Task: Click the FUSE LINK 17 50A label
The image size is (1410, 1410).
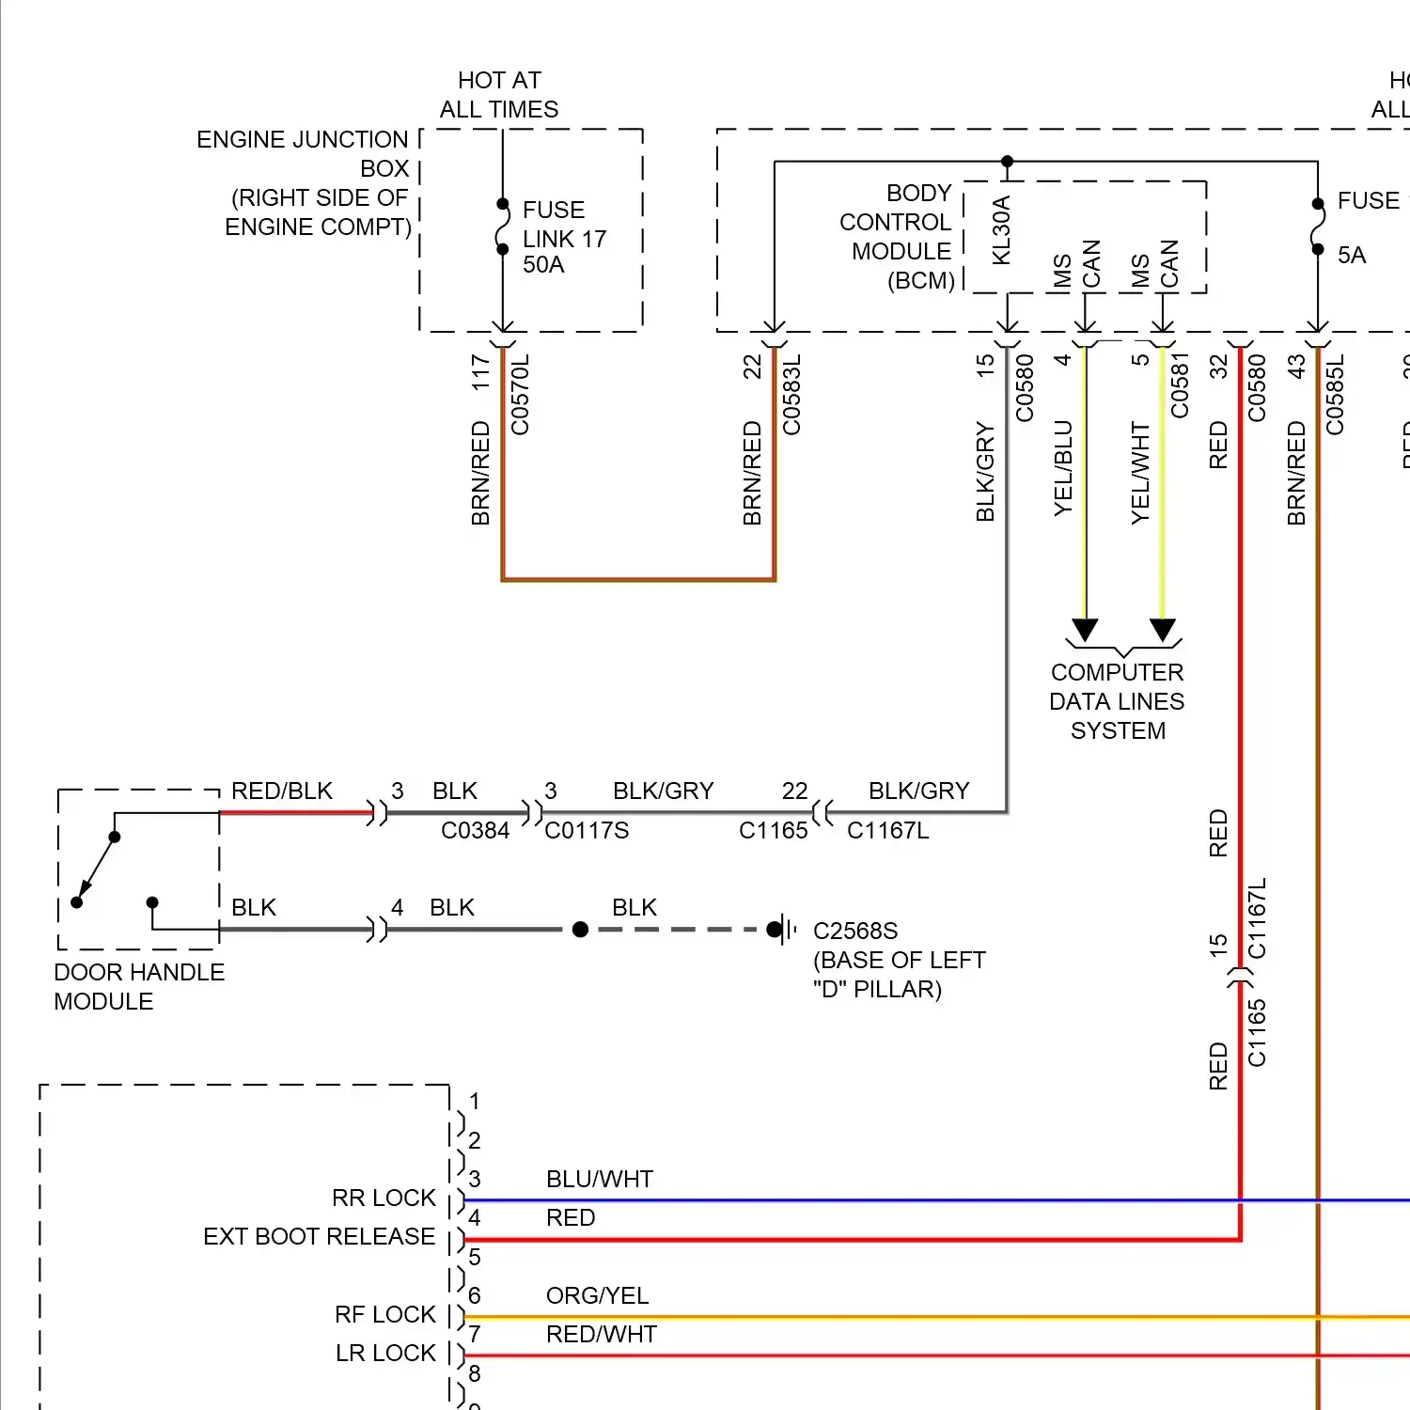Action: tap(564, 237)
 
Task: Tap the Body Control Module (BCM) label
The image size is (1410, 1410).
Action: tap(897, 237)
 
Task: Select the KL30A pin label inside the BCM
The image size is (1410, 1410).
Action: tap(1001, 230)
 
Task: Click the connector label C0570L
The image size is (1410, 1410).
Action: tap(521, 395)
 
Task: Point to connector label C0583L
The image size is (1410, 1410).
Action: tap(792, 395)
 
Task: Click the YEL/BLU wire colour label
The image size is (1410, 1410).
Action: tap(1063, 468)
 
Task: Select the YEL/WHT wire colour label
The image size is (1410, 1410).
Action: tap(1140, 473)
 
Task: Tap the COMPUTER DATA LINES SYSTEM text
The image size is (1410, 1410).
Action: tap(1117, 701)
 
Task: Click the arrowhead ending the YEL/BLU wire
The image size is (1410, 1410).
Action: tap(1086, 630)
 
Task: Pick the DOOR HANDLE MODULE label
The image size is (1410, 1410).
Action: tap(139, 986)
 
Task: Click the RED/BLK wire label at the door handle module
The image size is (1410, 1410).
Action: tap(282, 791)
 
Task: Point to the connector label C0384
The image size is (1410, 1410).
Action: tap(475, 831)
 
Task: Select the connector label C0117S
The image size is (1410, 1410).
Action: tap(587, 831)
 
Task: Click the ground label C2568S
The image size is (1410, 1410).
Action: tap(855, 931)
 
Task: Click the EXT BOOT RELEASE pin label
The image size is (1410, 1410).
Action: tap(319, 1236)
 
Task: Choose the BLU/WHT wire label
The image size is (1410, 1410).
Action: tap(600, 1180)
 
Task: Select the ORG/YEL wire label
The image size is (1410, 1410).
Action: tap(597, 1296)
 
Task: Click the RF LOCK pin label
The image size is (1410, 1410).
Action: tap(385, 1314)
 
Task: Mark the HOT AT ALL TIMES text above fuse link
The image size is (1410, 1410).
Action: tap(499, 95)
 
